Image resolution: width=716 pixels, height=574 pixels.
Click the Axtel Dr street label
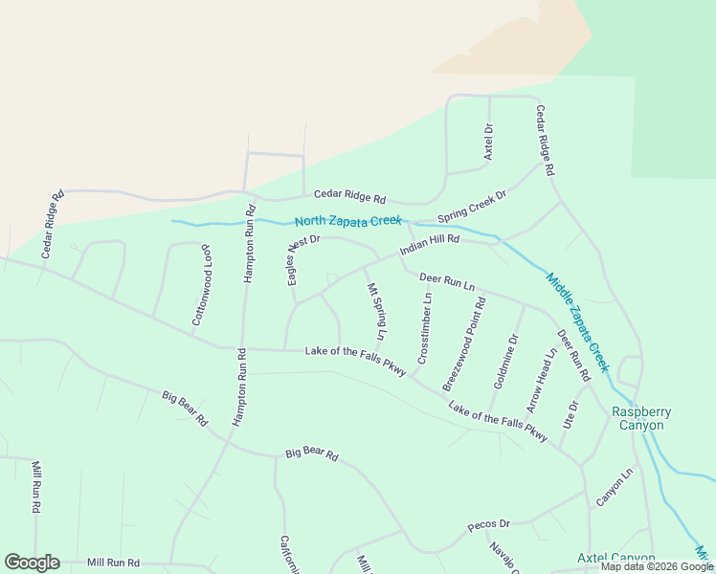(488, 142)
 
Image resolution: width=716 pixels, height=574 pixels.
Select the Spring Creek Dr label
(472, 206)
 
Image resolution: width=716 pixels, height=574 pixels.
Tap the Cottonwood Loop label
(201, 285)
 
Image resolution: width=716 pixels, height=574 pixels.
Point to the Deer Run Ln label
(447, 281)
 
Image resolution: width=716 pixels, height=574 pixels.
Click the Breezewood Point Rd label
(464, 343)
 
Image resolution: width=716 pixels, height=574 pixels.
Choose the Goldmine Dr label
(505, 361)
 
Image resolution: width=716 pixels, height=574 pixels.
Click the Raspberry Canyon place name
(641, 418)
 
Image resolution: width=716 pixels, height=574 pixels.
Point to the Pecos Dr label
(489, 525)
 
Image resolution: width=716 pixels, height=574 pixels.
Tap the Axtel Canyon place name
(615, 558)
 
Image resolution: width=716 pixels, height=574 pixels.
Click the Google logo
(32, 563)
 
